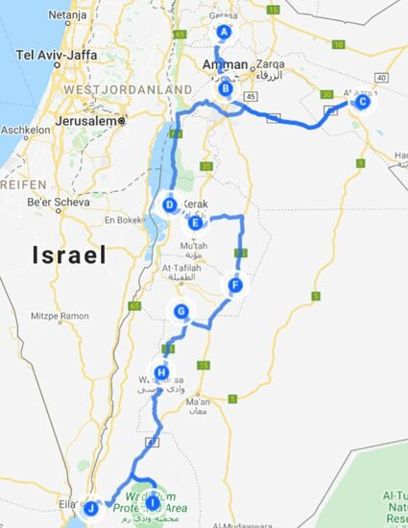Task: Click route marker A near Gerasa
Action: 225,32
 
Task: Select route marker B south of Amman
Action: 226,90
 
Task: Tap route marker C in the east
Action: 362,102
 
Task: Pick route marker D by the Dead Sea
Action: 170,204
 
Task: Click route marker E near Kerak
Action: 196,224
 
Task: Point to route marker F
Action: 235,285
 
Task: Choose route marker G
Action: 180,311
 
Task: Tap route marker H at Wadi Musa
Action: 161,373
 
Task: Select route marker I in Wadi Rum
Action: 152,503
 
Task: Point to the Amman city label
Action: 226,63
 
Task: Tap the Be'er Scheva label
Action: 56,203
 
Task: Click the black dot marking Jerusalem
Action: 124,122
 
